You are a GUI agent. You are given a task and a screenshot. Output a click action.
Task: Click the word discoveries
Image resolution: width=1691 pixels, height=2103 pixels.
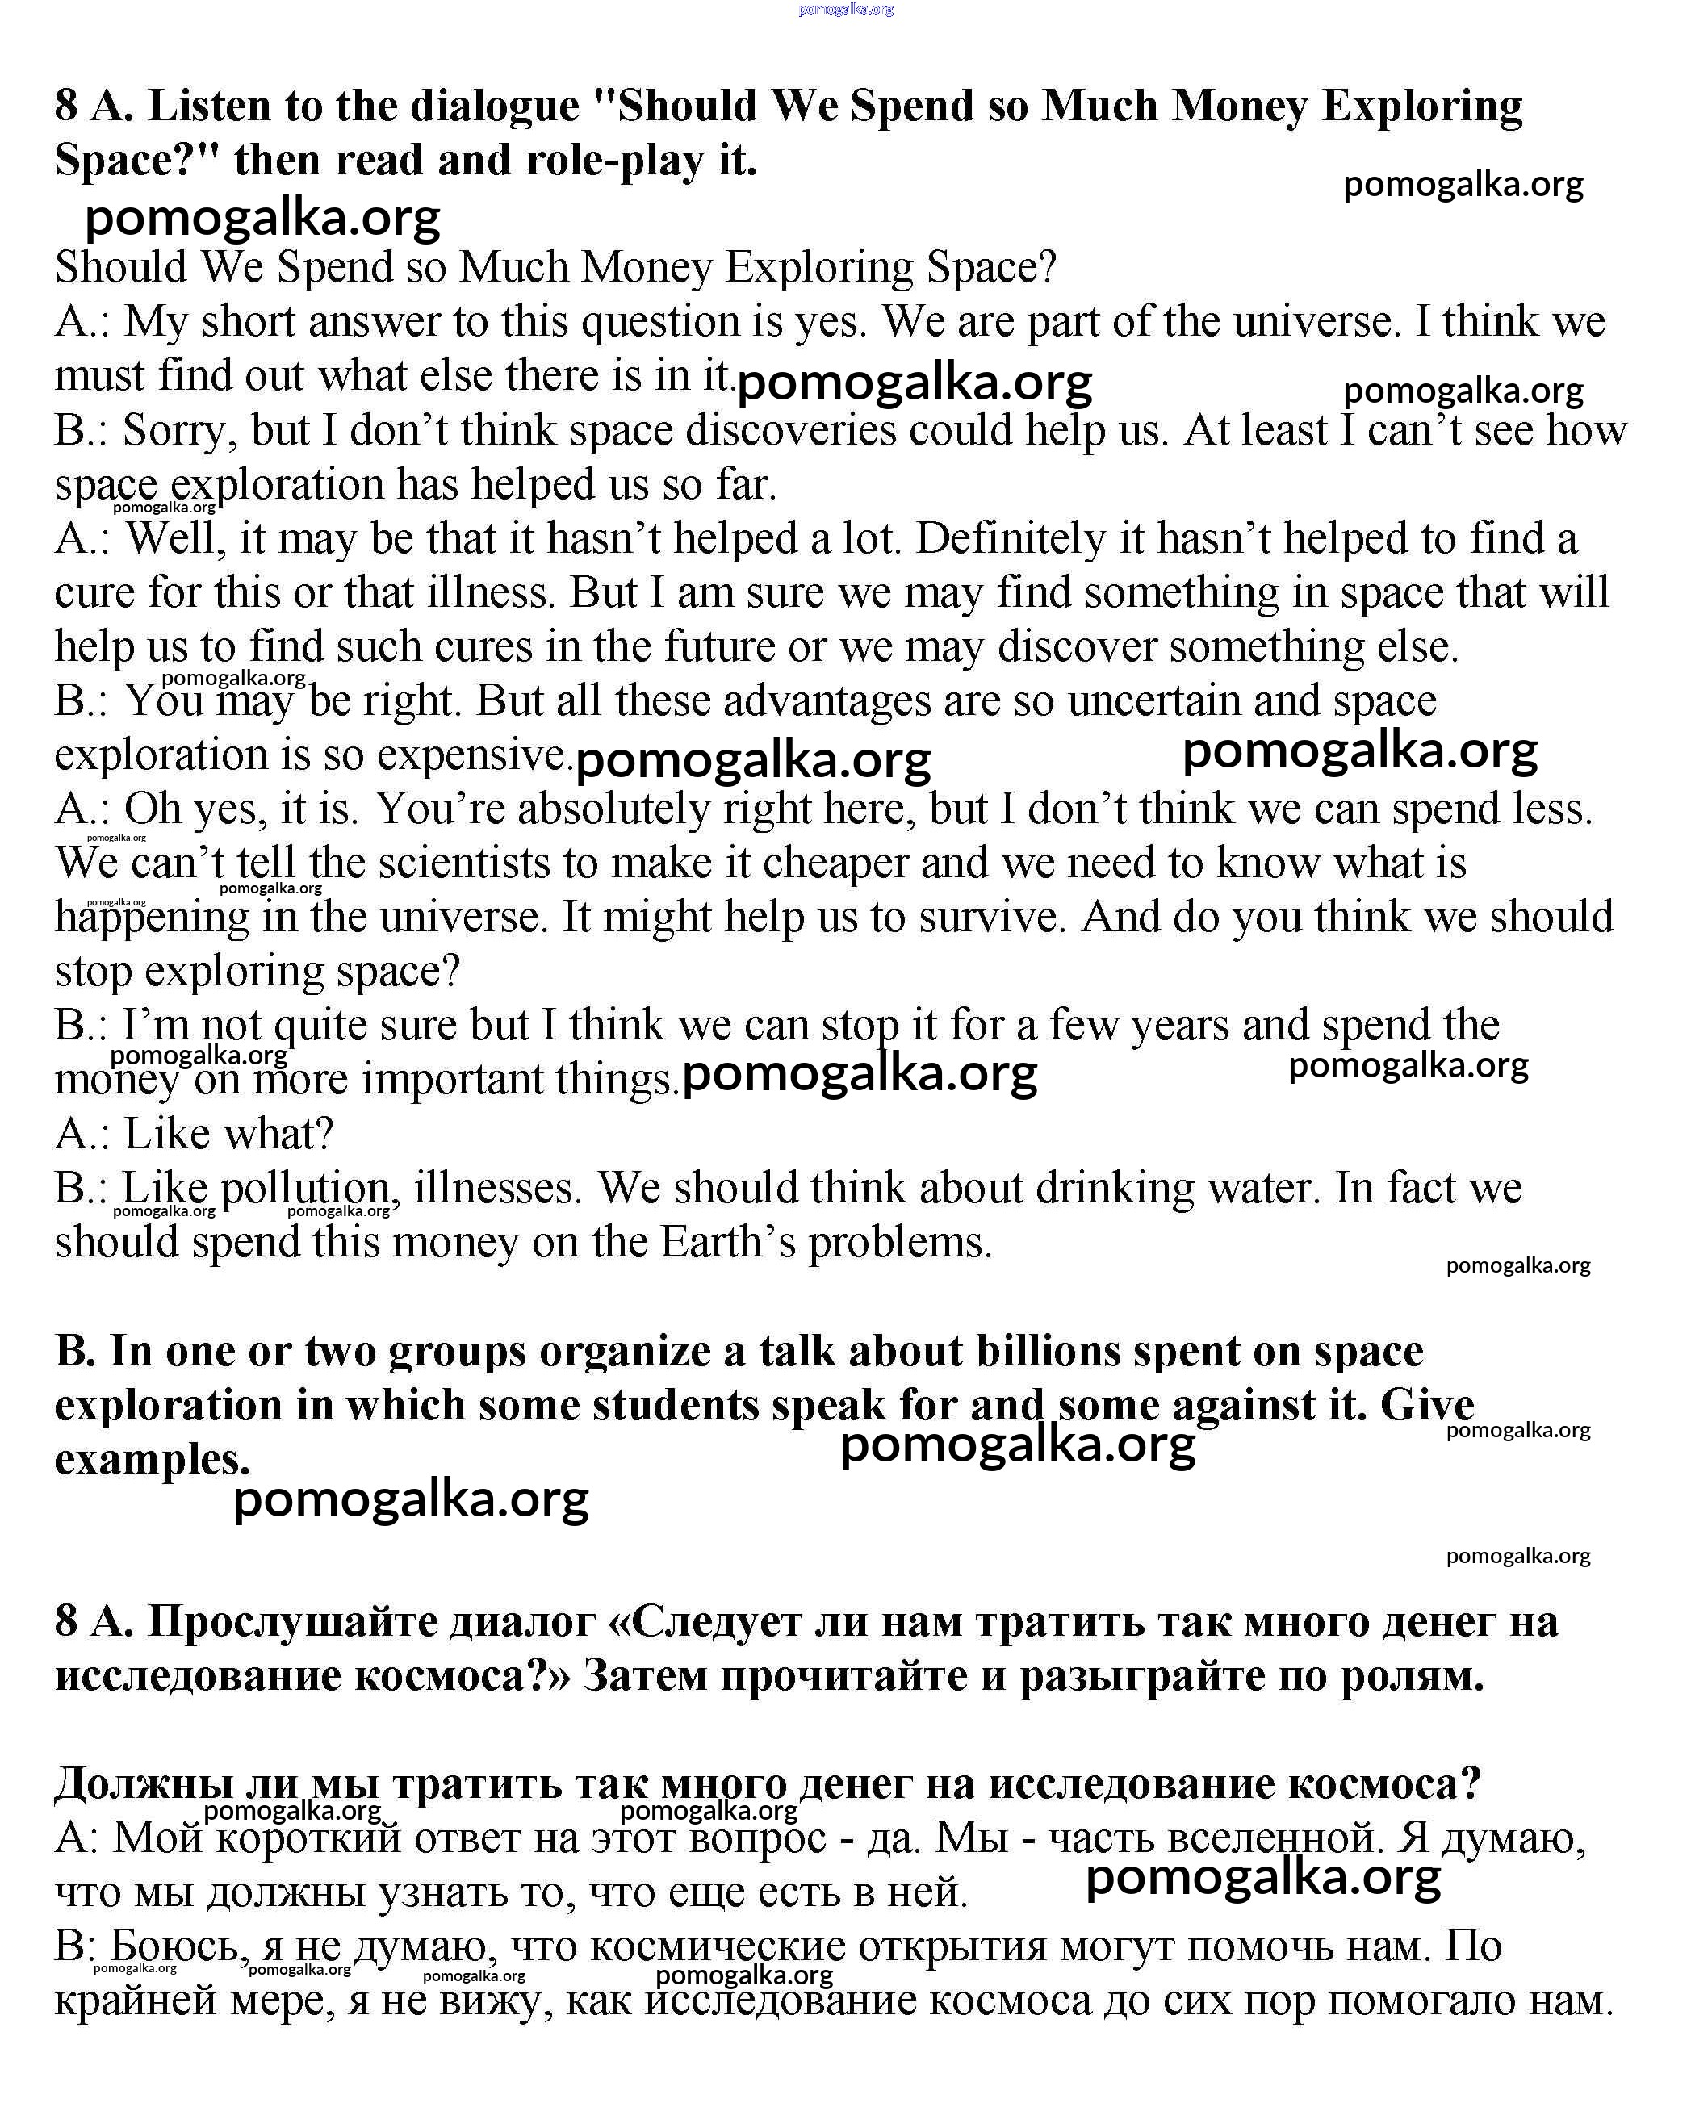pos(790,431)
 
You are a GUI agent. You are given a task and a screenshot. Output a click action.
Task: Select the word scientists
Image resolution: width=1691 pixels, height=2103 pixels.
pos(464,863)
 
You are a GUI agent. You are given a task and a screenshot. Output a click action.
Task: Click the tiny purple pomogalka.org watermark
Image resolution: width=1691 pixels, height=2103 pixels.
pos(846,10)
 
